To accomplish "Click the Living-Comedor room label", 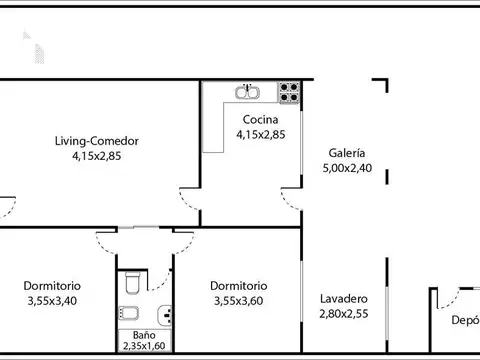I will click(97, 141).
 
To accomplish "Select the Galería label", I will click(346, 154).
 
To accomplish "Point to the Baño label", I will click(145, 336).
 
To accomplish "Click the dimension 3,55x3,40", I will click(52, 299).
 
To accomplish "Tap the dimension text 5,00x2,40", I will click(346, 169).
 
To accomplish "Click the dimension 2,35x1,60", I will click(145, 347).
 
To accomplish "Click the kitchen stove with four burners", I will click(289, 92).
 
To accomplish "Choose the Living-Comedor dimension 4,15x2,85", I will click(97, 156).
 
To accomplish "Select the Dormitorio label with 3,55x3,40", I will click(52, 285).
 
